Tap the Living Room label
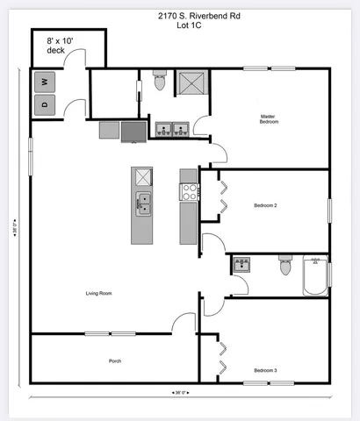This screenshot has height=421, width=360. (97, 293)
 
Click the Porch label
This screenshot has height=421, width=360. (115, 360)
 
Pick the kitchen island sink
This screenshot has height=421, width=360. (143, 205)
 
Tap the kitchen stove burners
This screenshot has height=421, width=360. (188, 191)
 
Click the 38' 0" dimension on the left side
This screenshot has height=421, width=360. (16, 233)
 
